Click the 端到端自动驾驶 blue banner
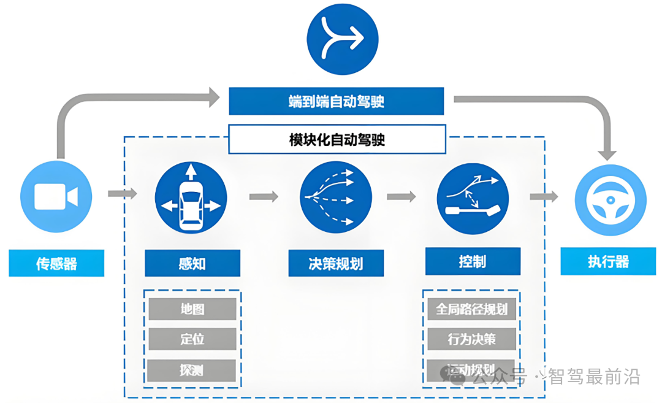336,101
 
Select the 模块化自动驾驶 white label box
337,139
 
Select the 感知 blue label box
192,263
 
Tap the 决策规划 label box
336,264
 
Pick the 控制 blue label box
473,261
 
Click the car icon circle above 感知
191,197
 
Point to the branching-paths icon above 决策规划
336,196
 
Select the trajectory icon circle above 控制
473,197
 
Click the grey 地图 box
192,309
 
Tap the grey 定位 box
192,339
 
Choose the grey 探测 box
192,370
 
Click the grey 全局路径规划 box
471,309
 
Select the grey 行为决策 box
471,339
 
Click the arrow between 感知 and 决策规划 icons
264,196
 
